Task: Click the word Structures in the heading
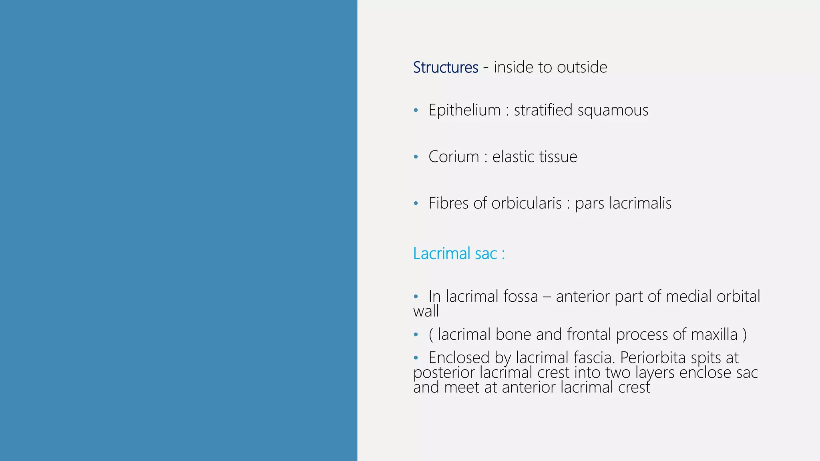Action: tap(445, 67)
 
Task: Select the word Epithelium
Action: tap(464, 110)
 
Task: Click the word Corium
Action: tap(454, 156)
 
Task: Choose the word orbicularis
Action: tap(527, 203)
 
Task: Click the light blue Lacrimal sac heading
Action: tap(459, 254)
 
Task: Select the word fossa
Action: tap(521, 297)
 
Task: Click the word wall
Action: tap(426, 311)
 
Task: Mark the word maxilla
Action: tap(714, 335)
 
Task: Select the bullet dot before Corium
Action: tap(416, 156)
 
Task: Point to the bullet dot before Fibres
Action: tap(416, 203)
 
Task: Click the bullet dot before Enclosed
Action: tap(416, 357)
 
